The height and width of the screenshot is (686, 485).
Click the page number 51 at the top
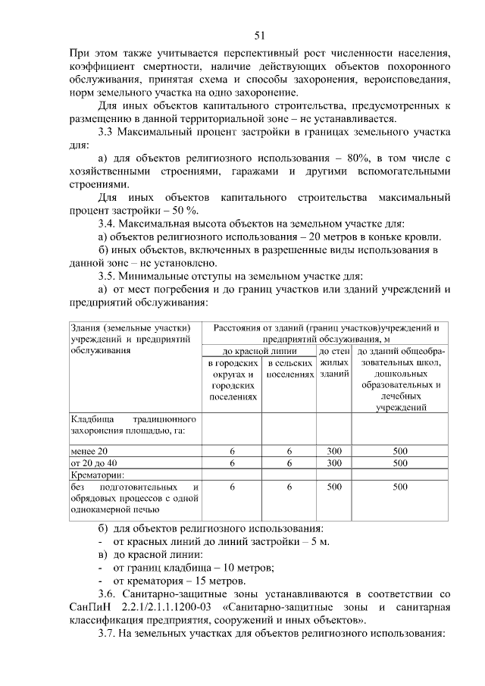[259, 36]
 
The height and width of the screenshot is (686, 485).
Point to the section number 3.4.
[111, 224]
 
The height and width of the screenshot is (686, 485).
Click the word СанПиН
[89, 607]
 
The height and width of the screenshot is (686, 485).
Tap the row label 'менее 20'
[89, 451]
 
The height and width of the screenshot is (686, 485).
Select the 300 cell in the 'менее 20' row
[334, 451]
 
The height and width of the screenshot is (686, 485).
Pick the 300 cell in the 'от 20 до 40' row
[334, 462]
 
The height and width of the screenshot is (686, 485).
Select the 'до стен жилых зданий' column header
[334, 363]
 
